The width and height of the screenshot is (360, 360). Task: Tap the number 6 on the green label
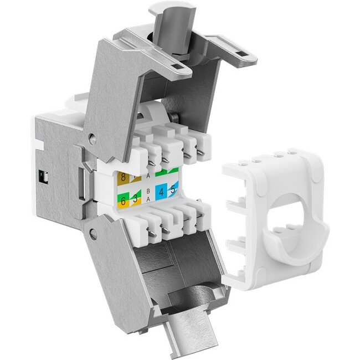click(x=123, y=201)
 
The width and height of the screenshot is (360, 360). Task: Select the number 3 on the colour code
click(x=135, y=199)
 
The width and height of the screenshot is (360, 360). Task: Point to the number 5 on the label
click(x=174, y=190)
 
